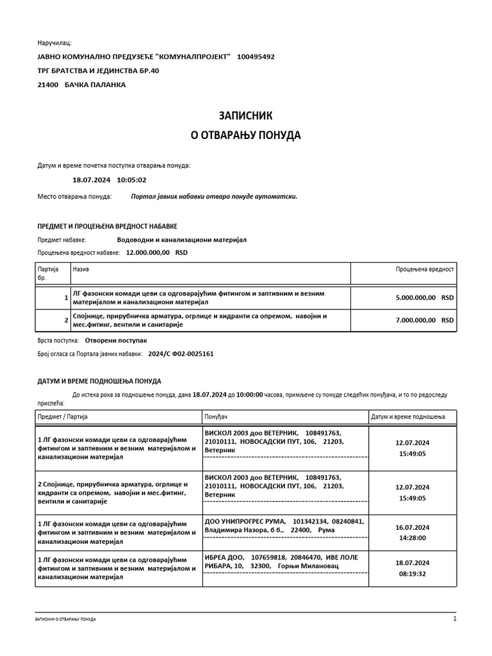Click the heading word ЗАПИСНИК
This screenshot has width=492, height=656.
[x=246, y=116]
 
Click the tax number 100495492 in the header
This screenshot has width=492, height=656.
[x=256, y=56]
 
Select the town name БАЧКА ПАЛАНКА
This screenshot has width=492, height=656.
[x=95, y=85]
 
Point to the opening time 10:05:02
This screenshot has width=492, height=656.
[x=132, y=180]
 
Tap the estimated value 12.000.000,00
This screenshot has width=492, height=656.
[x=148, y=252]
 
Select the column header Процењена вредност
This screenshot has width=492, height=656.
[x=425, y=270]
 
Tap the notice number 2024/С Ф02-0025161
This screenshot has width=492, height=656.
[x=181, y=353]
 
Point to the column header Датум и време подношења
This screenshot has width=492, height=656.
[x=407, y=417]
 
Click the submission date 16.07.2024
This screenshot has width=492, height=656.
[x=413, y=527]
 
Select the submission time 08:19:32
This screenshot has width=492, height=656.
[x=413, y=573]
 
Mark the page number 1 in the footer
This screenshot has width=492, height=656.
[x=454, y=619]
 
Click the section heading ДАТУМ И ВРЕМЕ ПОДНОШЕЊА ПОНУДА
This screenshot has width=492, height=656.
[x=99, y=381]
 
